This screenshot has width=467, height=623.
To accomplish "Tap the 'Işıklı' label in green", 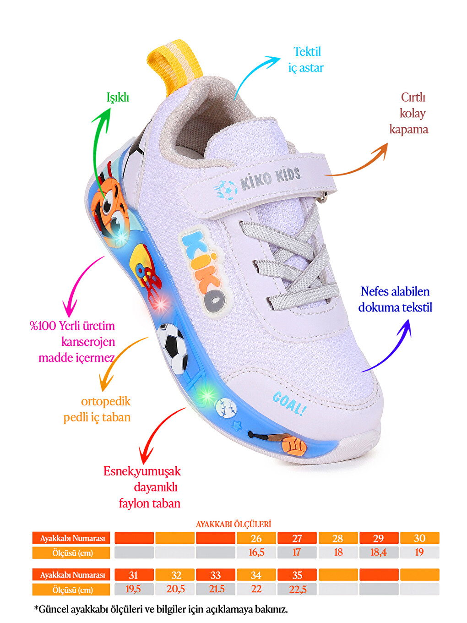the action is click(118, 98).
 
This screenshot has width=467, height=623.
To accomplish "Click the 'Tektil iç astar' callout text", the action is click(306, 60).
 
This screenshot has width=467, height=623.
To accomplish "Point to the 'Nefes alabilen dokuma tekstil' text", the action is click(395, 300).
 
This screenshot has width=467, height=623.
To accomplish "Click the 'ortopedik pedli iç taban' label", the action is click(97, 409).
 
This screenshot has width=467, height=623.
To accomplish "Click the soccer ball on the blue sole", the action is click(173, 348).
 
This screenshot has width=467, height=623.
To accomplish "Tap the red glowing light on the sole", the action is click(161, 304).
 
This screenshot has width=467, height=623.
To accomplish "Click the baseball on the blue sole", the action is click(226, 408).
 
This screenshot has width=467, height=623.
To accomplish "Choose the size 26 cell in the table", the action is click(256, 538).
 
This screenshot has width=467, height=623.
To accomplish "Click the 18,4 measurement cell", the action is click(379, 552).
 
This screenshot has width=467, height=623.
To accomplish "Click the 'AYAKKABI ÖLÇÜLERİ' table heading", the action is click(233, 524).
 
